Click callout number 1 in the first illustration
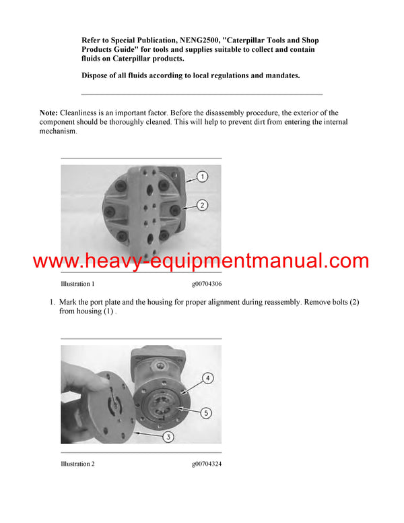(203, 177)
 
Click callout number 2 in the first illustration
(203, 205)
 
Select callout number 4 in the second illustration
(207, 378)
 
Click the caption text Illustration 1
(77, 284)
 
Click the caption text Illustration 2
(77, 464)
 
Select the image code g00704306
(207, 284)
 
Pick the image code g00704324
(207, 464)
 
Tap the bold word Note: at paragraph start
(48, 113)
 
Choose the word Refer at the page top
(92, 41)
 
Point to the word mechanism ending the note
(57, 131)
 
